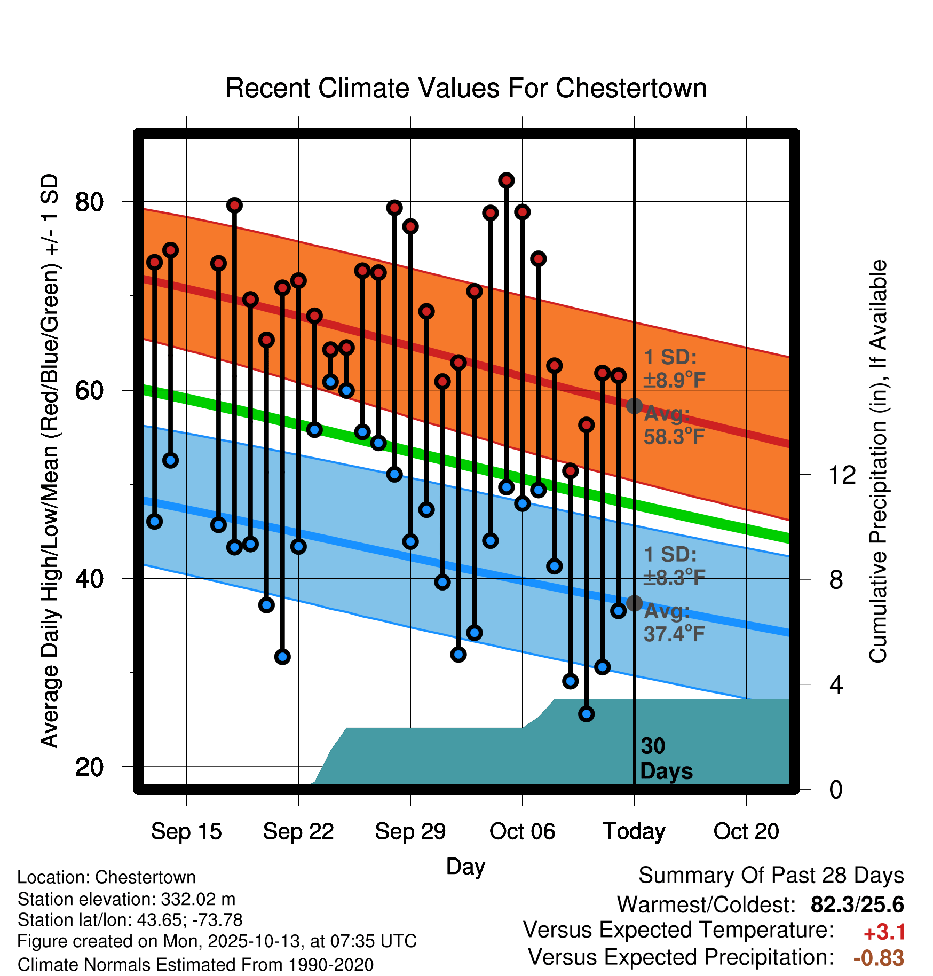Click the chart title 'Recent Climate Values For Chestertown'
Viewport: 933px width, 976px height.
coord(466,88)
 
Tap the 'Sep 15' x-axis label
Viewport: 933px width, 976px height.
coord(186,831)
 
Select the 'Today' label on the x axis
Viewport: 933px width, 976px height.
coord(634,831)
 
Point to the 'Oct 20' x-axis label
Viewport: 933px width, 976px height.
coord(746,831)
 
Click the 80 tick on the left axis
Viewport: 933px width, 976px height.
coord(89,202)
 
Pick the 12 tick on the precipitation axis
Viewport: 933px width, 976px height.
coord(842,475)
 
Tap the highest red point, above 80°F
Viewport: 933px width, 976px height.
coord(507,180)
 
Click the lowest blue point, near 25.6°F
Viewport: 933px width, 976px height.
coord(587,714)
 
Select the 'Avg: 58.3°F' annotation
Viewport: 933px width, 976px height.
coord(674,426)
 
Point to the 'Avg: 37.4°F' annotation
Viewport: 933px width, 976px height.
coord(674,623)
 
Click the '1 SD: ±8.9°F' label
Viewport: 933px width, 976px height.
coord(674,368)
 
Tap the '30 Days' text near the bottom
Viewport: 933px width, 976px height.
coord(666,759)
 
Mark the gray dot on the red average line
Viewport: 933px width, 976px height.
coord(634,406)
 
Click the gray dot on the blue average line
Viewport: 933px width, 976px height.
coord(634,603)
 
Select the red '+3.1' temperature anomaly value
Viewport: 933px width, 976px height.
coord(884,932)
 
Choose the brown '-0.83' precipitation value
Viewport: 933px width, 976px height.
coord(879,958)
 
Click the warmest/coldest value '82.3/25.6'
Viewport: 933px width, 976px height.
coord(857,904)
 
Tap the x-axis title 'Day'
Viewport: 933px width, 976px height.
coord(465,866)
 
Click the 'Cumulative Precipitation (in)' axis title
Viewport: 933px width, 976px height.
coord(878,461)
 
